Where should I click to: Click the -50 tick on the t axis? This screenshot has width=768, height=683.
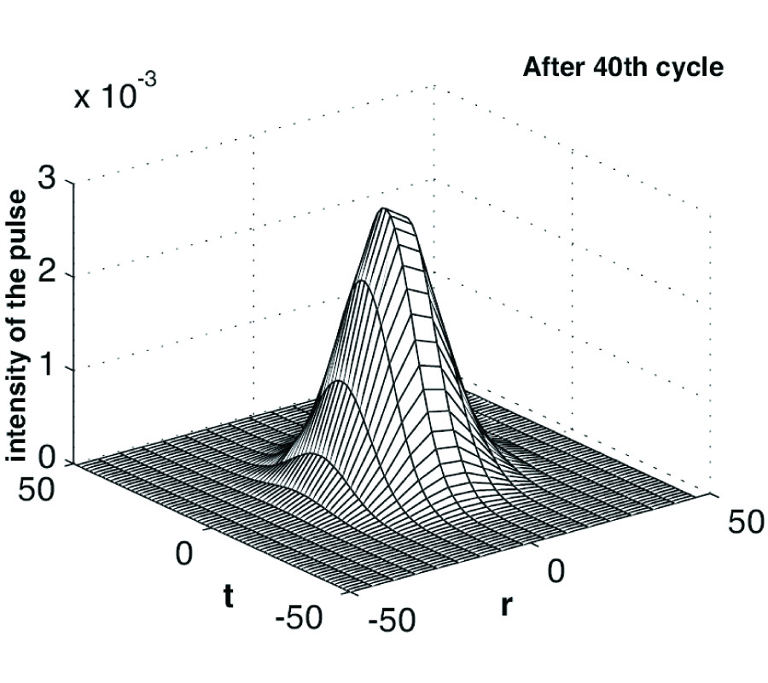pyautogui.click(x=300, y=616)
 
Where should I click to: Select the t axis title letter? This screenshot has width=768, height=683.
pyautogui.click(x=228, y=596)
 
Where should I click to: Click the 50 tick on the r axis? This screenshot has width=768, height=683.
pyautogui.click(x=746, y=522)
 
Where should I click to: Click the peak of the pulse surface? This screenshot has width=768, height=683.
pyautogui.click(x=386, y=209)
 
